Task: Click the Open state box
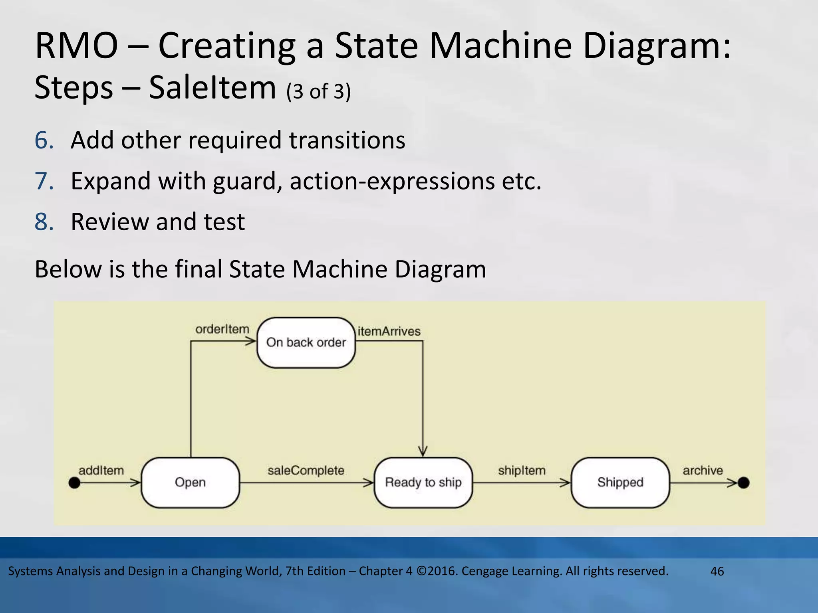190,482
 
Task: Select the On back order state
306,342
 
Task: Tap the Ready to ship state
423,482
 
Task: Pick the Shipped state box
620,482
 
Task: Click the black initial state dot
75,483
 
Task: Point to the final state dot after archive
743,483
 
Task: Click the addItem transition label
101,471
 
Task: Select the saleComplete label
306,471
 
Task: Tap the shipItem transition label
521,471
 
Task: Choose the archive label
703,471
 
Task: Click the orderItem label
222,329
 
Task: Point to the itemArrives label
389,331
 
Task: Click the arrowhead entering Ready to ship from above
423,452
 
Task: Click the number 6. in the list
44,140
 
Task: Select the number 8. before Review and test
44,222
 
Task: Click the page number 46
717,571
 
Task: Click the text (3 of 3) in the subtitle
318,91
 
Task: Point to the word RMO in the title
76,46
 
